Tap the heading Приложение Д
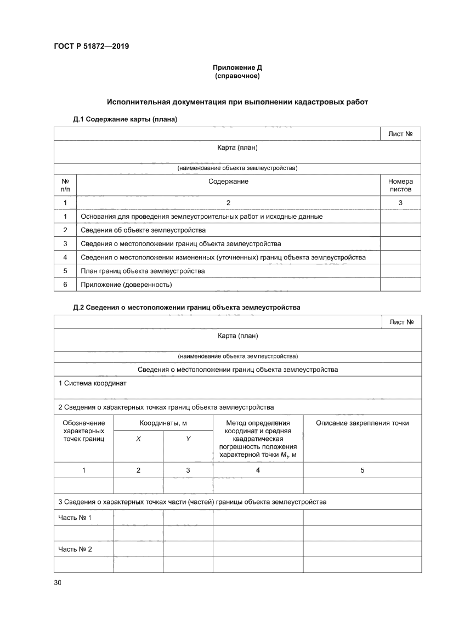click(237, 67)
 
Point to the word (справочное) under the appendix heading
click(237, 76)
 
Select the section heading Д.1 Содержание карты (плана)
click(125, 119)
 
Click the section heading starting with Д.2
click(186, 308)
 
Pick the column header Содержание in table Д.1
click(228, 181)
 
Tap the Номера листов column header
click(400, 185)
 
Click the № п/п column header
click(65, 185)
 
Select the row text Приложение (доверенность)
click(126, 285)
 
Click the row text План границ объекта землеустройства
click(143, 271)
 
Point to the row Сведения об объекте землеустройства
click(143, 230)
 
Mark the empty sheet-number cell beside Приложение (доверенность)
click(400, 285)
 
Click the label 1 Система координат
click(92, 383)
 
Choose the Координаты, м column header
click(163, 423)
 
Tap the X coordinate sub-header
click(138, 439)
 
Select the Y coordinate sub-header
click(188, 439)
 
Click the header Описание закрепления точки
click(362, 423)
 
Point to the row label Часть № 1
click(75, 518)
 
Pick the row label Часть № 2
click(75, 549)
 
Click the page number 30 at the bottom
click(58, 582)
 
